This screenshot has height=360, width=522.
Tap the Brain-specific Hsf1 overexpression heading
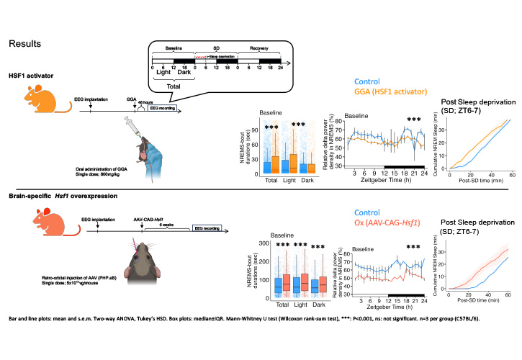coord(57,196)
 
